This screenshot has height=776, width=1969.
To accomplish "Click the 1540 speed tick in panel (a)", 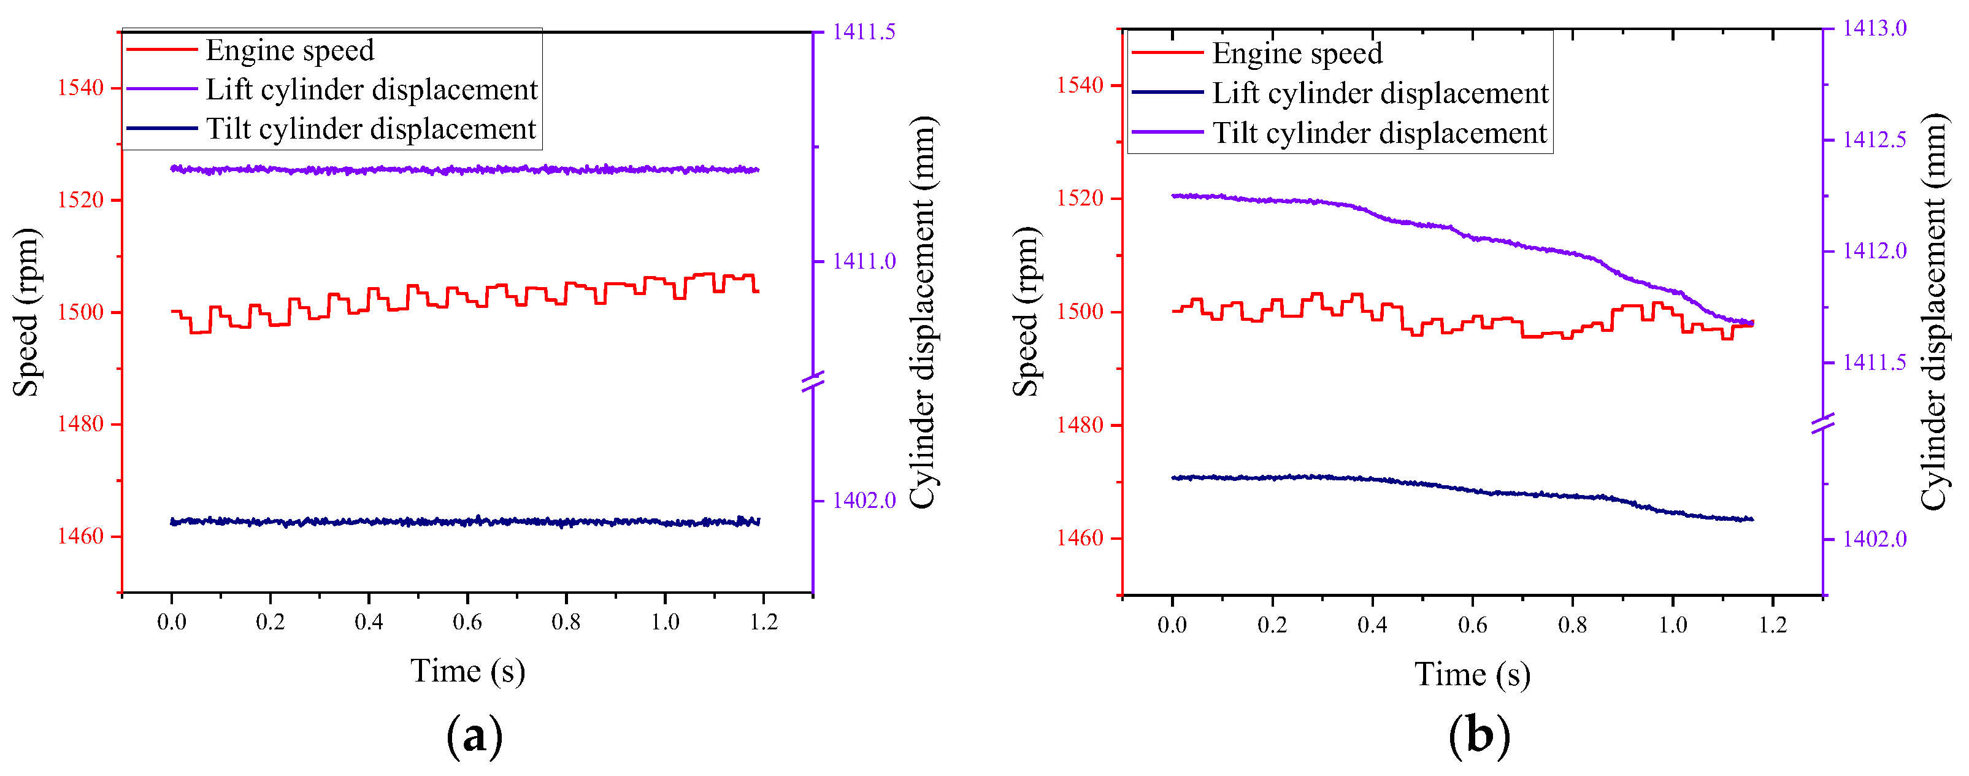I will tap(80, 88).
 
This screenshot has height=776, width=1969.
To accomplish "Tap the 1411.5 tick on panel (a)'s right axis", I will tap(863, 32).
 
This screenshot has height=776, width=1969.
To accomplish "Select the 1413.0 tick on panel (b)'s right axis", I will tap(1874, 28).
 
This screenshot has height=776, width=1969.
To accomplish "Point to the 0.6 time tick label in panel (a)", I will tap(467, 621).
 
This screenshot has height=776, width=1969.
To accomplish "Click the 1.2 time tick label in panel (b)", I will tap(1773, 624).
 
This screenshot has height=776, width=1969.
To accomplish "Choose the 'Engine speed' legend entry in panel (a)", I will tap(290, 50).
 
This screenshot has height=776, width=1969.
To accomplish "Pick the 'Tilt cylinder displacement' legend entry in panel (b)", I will tap(1380, 133).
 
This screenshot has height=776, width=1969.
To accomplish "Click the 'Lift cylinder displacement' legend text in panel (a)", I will tap(372, 90).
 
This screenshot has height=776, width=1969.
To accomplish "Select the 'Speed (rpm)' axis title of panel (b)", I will tap(1025, 311).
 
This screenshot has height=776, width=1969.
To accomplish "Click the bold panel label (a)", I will tap(474, 736).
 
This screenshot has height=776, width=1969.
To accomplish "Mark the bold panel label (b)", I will tap(1479, 736).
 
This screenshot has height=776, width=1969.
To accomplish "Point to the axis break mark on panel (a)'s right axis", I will tap(813, 381).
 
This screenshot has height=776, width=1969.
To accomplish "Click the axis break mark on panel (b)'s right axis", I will tap(1824, 423).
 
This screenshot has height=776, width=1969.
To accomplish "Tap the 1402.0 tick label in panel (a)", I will tap(863, 501).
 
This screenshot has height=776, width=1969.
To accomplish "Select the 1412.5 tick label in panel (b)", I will tap(1874, 140).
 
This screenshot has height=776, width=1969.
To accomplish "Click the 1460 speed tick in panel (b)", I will tap(1080, 538).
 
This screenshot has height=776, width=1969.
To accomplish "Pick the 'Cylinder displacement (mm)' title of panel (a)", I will tap(923, 311).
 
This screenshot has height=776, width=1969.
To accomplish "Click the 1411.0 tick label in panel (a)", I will tap(863, 261).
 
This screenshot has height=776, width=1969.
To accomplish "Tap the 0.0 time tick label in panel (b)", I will tap(1172, 624).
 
